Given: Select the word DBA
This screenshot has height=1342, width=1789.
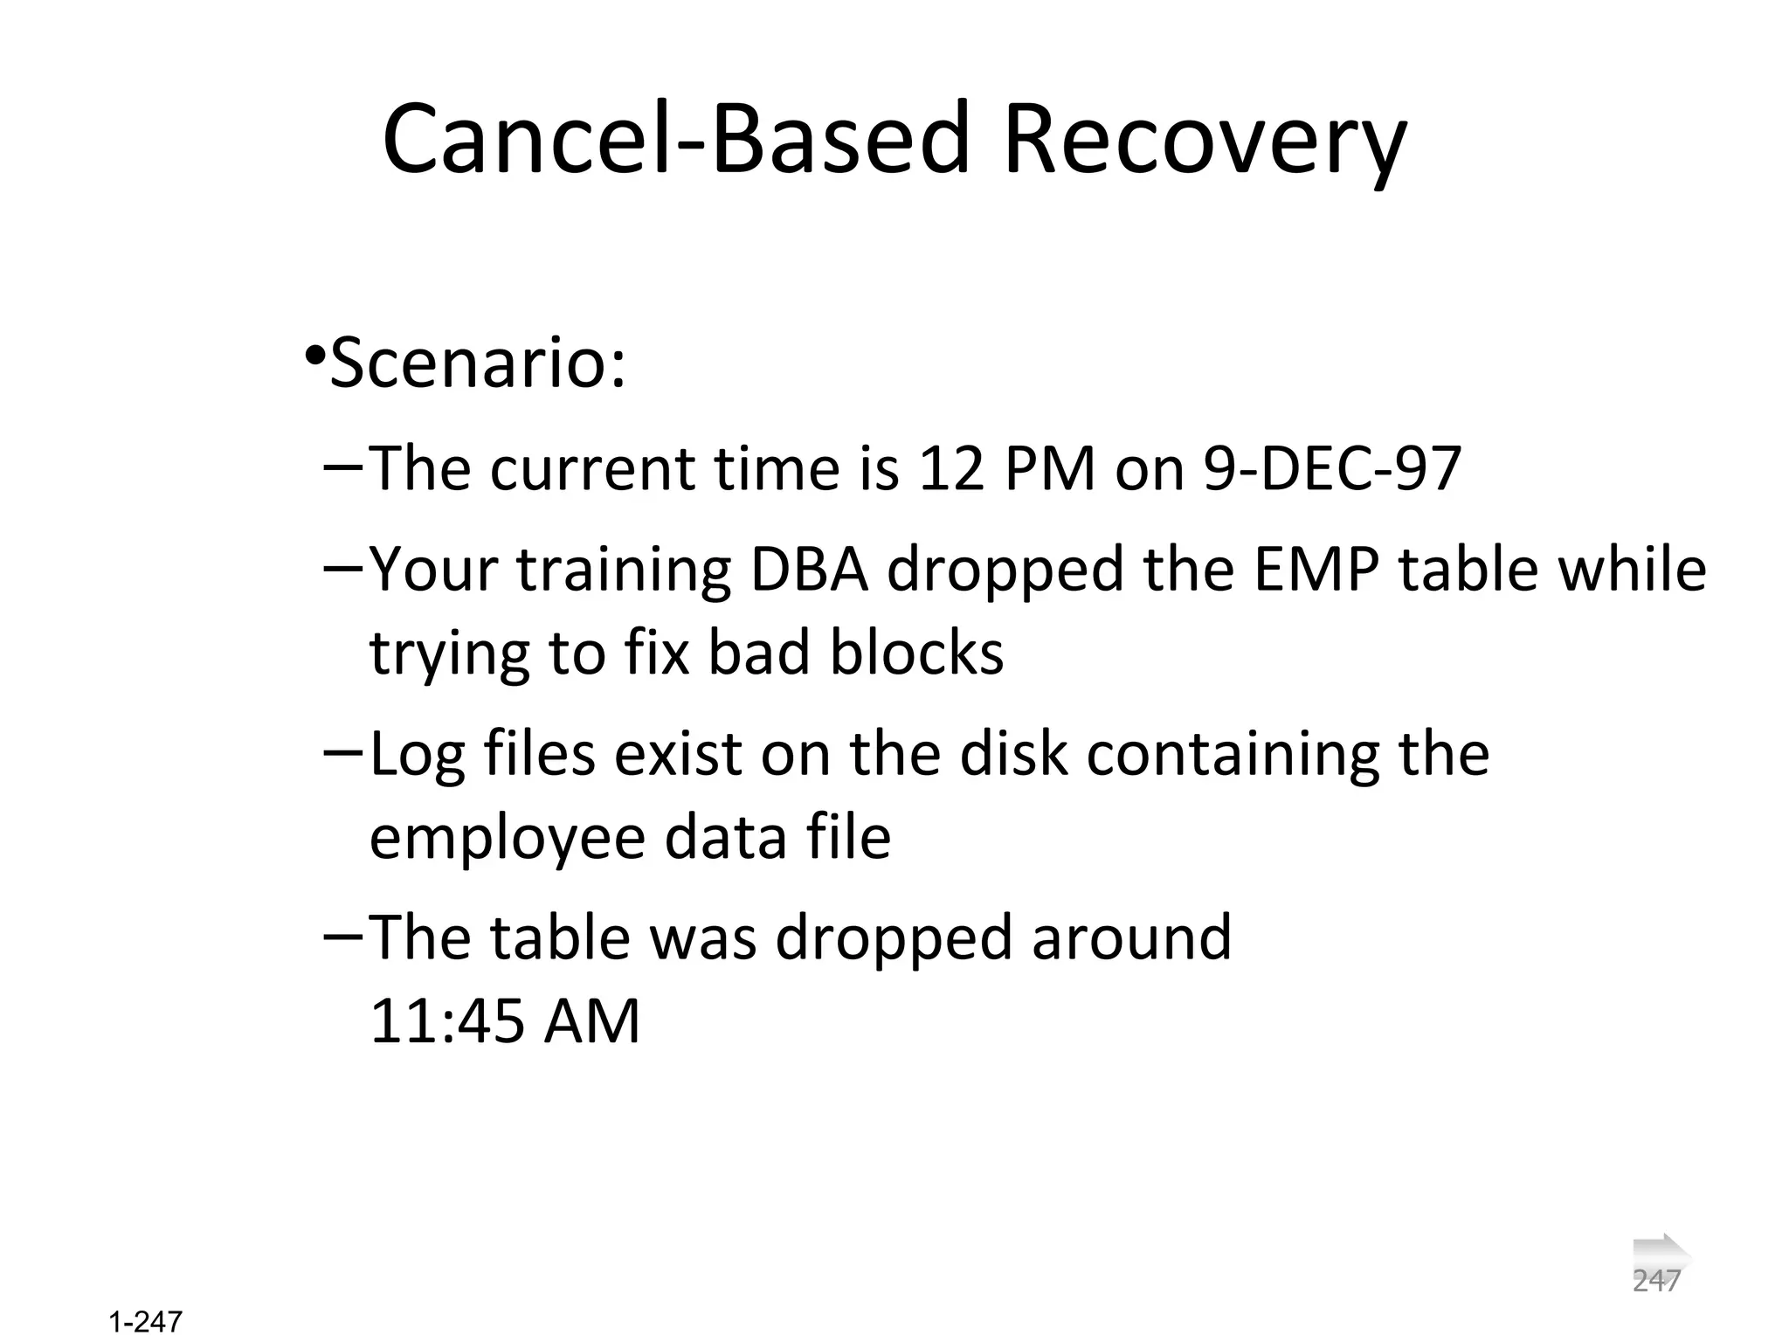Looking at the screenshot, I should click(809, 570).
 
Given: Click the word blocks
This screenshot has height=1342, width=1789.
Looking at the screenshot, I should click(916, 653).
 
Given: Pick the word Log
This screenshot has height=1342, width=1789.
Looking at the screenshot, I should click(417, 755).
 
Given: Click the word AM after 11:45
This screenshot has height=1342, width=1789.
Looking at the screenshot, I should click(591, 1021).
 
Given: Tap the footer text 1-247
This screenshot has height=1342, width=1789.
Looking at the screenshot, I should click(146, 1322).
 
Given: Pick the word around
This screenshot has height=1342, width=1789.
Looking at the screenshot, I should click(1131, 937).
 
